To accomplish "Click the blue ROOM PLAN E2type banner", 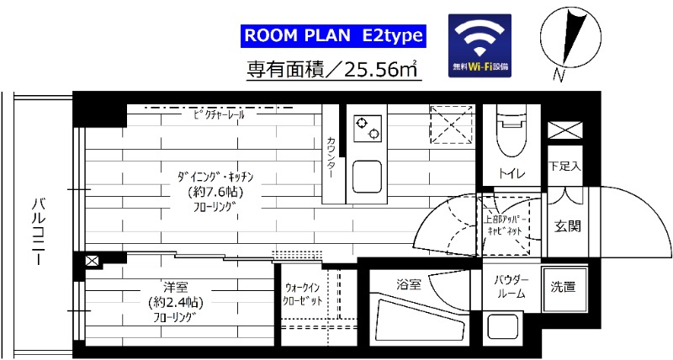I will click(334, 36).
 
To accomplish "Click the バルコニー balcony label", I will click(38, 231).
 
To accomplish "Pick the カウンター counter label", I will click(331, 156).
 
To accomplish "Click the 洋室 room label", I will click(174, 286).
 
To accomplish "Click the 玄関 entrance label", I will click(564, 225).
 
